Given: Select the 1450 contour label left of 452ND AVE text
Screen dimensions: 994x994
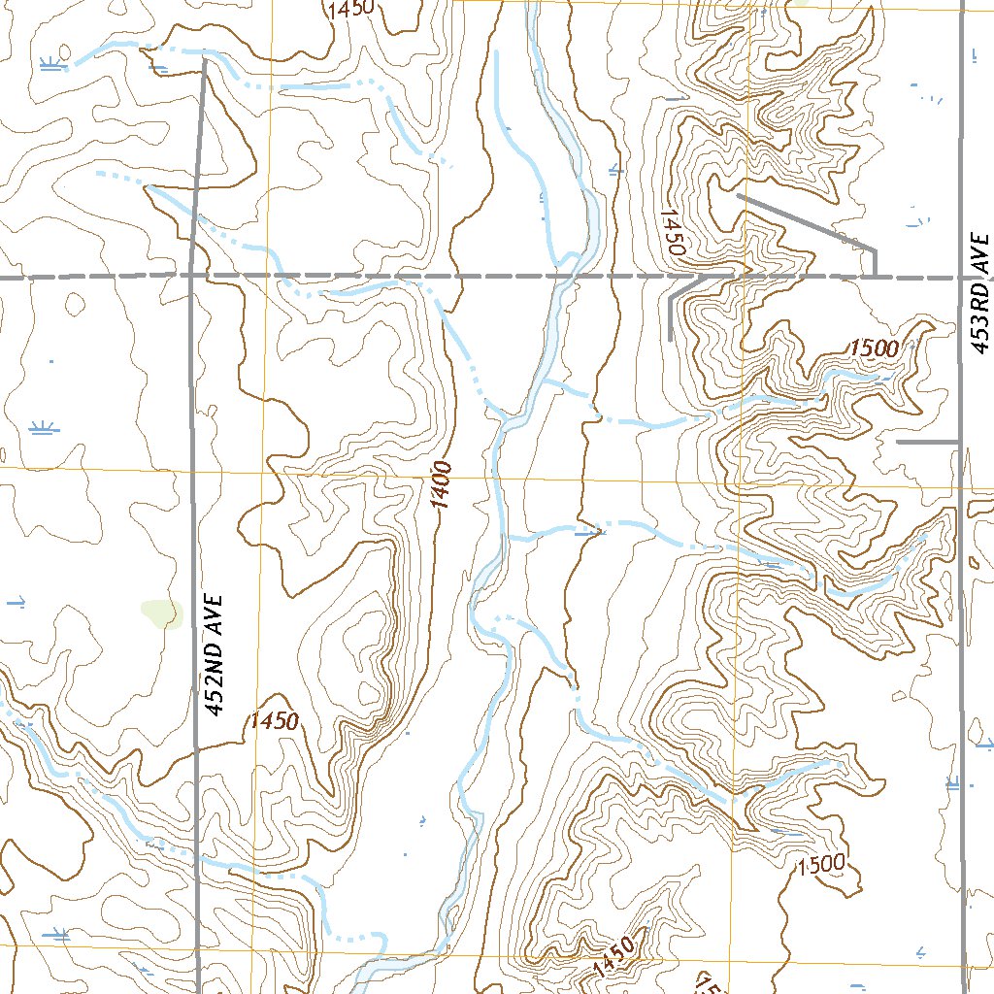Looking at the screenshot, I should (274, 721).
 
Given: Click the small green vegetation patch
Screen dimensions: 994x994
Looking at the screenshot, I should (161, 613).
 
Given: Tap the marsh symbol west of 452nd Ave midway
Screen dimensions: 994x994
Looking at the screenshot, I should (42, 427).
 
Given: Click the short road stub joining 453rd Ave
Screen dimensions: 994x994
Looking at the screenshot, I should (927, 442).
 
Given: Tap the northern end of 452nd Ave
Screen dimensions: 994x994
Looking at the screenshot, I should (204, 60).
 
